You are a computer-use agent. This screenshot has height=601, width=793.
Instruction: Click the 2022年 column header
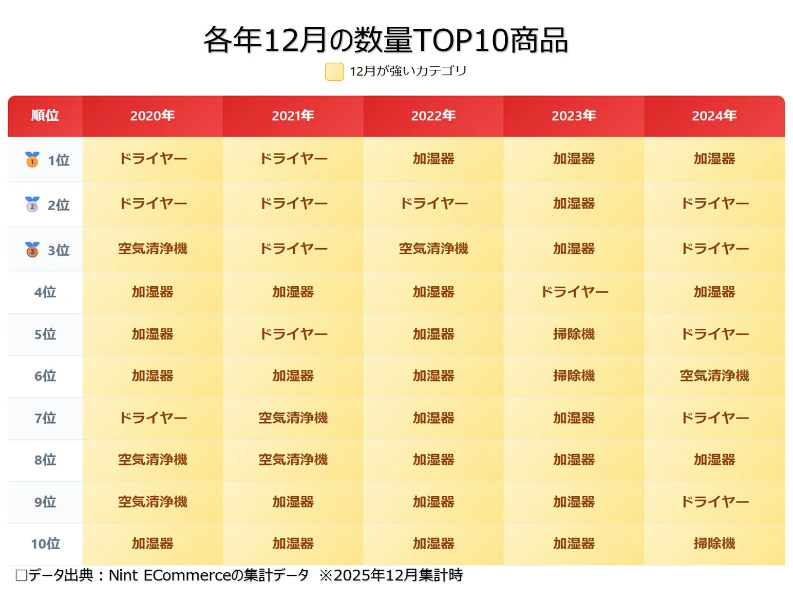pos(433,116)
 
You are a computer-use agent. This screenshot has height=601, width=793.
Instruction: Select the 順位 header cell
pos(45,116)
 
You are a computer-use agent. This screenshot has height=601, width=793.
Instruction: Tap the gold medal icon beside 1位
pos(32,159)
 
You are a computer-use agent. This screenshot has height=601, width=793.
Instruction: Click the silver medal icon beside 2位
pos(32,204)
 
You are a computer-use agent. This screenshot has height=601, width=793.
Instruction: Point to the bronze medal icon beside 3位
pos(32,250)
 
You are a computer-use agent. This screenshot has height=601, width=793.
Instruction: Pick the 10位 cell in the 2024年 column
pos(714,543)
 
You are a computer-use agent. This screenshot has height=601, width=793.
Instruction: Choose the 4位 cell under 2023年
pos(574,292)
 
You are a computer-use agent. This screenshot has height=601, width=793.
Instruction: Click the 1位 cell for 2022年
pos(433,159)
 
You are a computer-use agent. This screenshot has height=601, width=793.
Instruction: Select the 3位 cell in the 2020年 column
pos(153,249)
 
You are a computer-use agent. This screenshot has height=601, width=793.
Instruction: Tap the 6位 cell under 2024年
pos(714,376)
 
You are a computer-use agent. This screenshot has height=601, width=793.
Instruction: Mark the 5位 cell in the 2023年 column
pos(574,334)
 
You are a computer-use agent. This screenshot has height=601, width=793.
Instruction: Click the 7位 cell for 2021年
pos(293,418)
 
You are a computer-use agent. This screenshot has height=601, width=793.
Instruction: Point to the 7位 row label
pos(45,418)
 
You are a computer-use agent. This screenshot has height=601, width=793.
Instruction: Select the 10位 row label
pos(45,543)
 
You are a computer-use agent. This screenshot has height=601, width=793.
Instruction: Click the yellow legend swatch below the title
pos(334,72)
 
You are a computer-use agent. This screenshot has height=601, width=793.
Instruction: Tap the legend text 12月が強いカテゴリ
pos(408,71)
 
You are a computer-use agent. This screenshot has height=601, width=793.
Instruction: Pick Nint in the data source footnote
pos(123,575)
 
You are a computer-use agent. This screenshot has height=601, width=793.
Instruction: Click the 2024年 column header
pos(714,116)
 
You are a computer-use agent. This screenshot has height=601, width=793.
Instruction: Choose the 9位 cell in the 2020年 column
pos(153,502)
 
